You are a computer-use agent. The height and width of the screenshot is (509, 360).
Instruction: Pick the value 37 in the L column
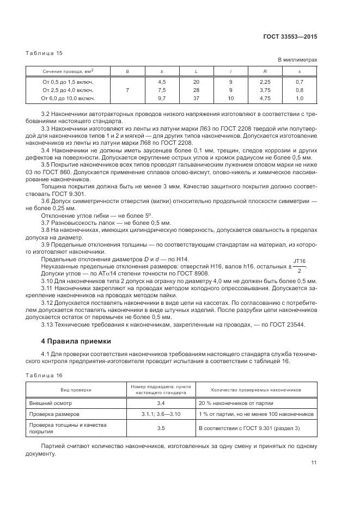[196, 98]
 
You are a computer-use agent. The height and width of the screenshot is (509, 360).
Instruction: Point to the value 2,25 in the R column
[265, 82]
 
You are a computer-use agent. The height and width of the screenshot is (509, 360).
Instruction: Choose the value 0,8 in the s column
[300, 90]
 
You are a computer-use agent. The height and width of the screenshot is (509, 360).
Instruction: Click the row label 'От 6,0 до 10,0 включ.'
[68, 98]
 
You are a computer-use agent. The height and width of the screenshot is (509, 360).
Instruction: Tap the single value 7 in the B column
[127, 90]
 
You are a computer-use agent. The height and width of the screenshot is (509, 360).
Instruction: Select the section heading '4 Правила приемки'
[76, 341]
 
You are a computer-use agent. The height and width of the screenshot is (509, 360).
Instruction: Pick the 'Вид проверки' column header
[76, 390]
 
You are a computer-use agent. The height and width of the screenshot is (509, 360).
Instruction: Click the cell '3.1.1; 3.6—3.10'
[161, 414]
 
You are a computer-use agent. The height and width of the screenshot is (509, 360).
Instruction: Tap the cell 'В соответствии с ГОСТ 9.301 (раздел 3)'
[249, 428]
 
